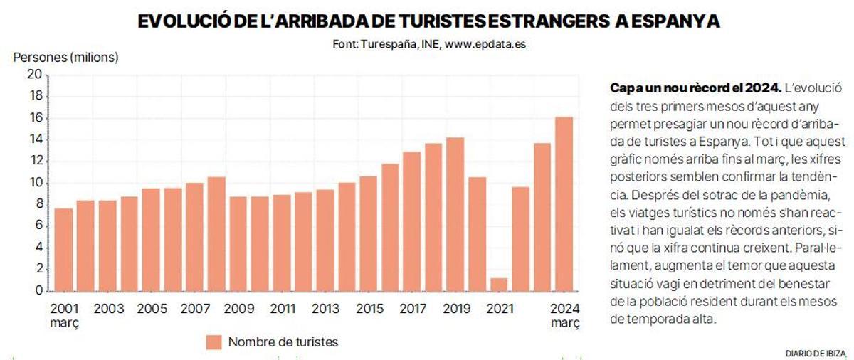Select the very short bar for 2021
click(499, 284)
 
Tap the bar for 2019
click(455, 213)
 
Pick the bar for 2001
click(63, 249)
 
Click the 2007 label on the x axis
click(195, 309)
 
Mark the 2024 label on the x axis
click(565, 309)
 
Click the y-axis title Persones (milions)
click(65, 57)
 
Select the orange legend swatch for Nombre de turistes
click(214, 342)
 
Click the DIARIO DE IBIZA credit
click(815, 354)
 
